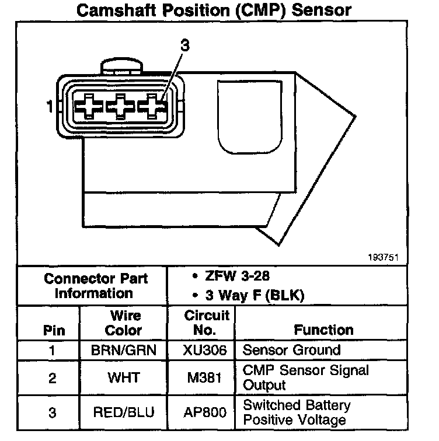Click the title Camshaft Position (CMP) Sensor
click(x=214, y=10)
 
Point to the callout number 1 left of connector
click(x=50, y=107)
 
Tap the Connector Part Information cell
click(x=95, y=285)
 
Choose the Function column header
click(x=323, y=330)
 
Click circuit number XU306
click(x=204, y=351)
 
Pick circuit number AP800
click(x=204, y=412)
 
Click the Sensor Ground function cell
click(x=291, y=351)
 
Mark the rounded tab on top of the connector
click(x=123, y=66)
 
